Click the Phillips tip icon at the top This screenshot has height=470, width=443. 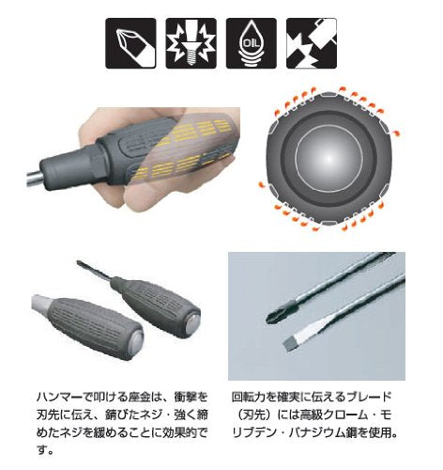click(x=130, y=43)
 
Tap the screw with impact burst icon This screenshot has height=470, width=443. click(x=191, y=43)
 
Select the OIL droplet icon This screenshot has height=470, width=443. click(x=252, y=43)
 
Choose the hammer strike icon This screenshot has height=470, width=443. click(x=312, y=43)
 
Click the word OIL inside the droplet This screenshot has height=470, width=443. click(x=252, y=43)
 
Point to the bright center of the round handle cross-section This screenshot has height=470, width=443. click(x=328, y=158)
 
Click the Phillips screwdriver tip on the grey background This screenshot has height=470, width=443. click(x=280, y=312)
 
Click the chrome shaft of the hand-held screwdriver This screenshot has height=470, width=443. click(x=34, y=179)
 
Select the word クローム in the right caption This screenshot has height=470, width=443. click(x=342, y=415)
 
